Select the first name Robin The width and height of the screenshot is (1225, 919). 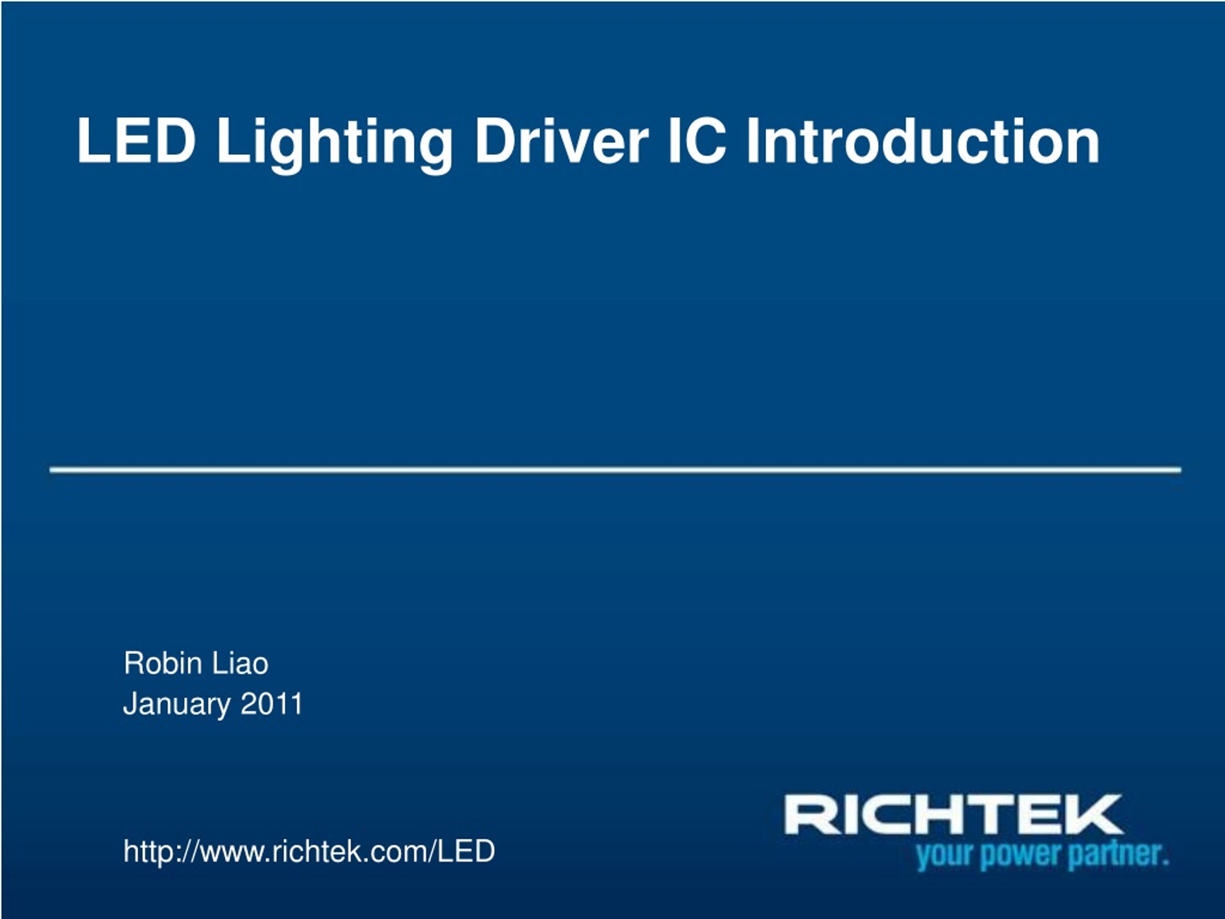coord(163,663)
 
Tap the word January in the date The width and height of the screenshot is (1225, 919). coord(177,705)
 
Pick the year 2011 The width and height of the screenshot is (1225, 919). coord(271,704)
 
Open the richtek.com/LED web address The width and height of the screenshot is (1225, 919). coord(309,851)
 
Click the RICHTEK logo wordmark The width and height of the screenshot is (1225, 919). coord(954,814)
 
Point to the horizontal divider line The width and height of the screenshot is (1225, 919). coord(615,470)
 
